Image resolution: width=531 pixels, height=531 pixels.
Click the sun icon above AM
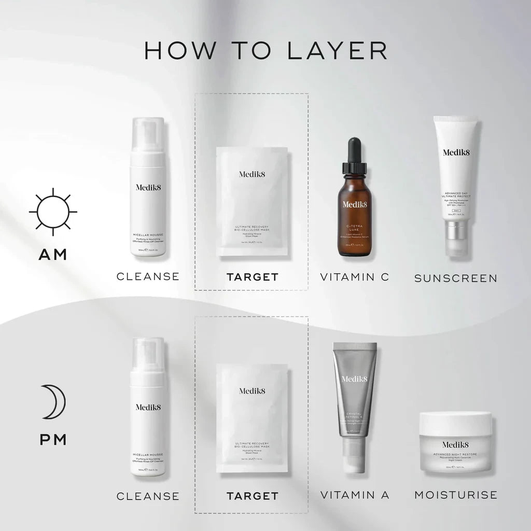pos(53,212)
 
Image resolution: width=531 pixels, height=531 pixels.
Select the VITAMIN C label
pos(355,277)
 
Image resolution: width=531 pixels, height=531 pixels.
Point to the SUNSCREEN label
pos(456,278)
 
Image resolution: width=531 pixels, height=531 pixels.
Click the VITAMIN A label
pos(355,495)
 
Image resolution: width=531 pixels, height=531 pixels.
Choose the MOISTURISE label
pos(456,495)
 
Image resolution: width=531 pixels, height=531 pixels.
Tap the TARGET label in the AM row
pos(252,277)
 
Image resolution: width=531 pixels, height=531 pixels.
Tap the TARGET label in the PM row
pos(252,496)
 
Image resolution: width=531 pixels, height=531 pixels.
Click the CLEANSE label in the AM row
pos(148,276)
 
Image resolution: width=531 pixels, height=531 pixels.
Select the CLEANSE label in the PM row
pos(148,496)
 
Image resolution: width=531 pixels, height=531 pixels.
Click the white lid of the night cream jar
pos(455,424)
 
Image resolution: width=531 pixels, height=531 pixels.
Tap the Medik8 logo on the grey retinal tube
pos(355,379)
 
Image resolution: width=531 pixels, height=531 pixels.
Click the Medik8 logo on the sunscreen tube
pos(456,152)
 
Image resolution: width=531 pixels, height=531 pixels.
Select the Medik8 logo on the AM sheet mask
pos(252,174)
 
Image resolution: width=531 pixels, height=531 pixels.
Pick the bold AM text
pos(53,255)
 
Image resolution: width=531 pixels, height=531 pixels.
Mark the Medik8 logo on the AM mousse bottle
pos(148,187)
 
